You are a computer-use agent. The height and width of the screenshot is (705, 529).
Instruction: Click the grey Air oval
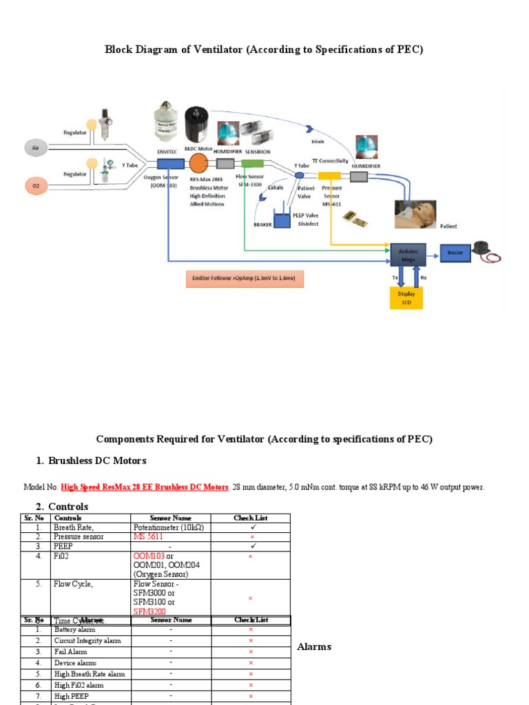[36, 148]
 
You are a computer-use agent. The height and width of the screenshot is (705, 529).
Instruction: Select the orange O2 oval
[36, 186]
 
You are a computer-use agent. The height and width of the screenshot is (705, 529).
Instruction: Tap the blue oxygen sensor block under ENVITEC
[170, 164]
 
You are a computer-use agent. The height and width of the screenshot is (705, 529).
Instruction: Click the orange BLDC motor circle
[198, 164]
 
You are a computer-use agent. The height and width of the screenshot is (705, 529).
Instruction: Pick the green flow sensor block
[253, 164]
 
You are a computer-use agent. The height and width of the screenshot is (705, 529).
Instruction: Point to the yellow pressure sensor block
[329, 176]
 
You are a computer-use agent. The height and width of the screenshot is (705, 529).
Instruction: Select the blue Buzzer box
[455, 253]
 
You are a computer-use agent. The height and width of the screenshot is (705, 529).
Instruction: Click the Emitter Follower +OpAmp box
[244, 279]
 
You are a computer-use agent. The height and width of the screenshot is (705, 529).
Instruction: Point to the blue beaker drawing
[283, 220]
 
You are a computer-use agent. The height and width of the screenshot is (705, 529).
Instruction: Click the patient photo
[417, 213]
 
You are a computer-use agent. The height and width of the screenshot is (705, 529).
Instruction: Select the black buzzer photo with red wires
[484, 251]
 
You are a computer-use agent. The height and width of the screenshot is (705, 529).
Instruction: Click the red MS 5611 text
[148, 536]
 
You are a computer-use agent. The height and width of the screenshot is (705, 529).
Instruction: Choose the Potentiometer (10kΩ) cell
[169, 527]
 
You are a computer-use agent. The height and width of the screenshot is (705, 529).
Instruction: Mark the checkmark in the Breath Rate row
[251, 527]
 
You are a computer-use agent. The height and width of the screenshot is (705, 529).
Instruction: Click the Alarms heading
[314, 646]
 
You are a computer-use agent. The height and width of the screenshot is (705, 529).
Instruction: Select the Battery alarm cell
[74, 629]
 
